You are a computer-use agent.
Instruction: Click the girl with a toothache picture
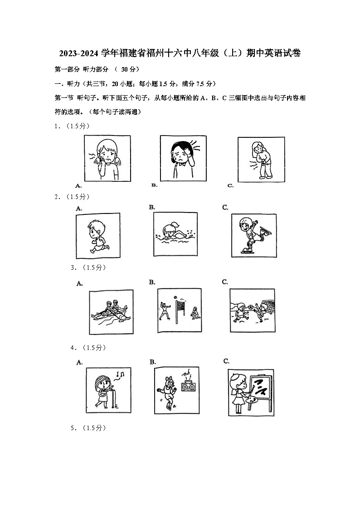coord(107,158)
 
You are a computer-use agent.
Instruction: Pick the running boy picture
coord(98,236)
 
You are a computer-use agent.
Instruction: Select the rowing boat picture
coord(111,311)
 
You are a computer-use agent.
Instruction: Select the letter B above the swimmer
coord(152,207)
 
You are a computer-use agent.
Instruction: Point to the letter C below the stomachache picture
coord(230,185)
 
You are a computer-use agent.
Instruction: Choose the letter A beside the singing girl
coord(79,362)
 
